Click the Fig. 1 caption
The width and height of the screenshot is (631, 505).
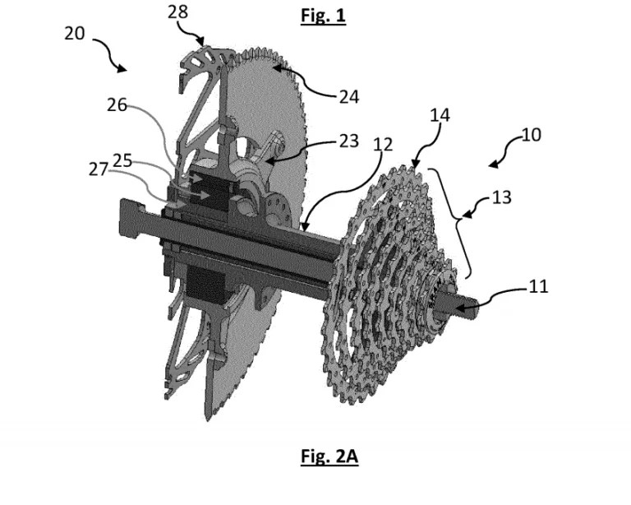coord(323,16)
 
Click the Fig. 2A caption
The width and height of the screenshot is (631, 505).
coord(329,456)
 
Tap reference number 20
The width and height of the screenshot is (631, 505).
coord(75,34)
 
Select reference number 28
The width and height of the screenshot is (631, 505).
coord(177,12)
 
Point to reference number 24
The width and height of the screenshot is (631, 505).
coord(349,97)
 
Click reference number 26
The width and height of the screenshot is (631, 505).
coord(117,105)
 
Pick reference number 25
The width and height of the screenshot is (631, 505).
coord(122,160)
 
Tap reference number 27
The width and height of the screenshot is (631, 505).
coord(99,169)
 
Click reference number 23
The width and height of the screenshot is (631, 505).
coord(349,141)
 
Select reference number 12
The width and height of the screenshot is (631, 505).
coord(383,145)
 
